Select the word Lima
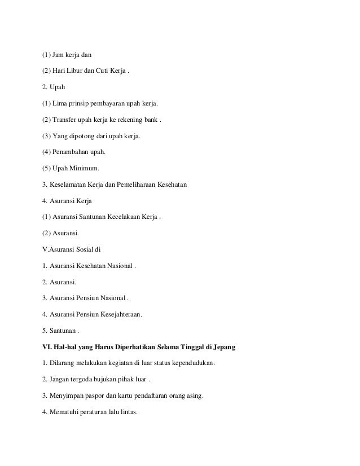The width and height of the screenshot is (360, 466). pos(60,104)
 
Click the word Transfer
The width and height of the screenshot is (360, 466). pos(66,120)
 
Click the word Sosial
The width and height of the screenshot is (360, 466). pos(79,249)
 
